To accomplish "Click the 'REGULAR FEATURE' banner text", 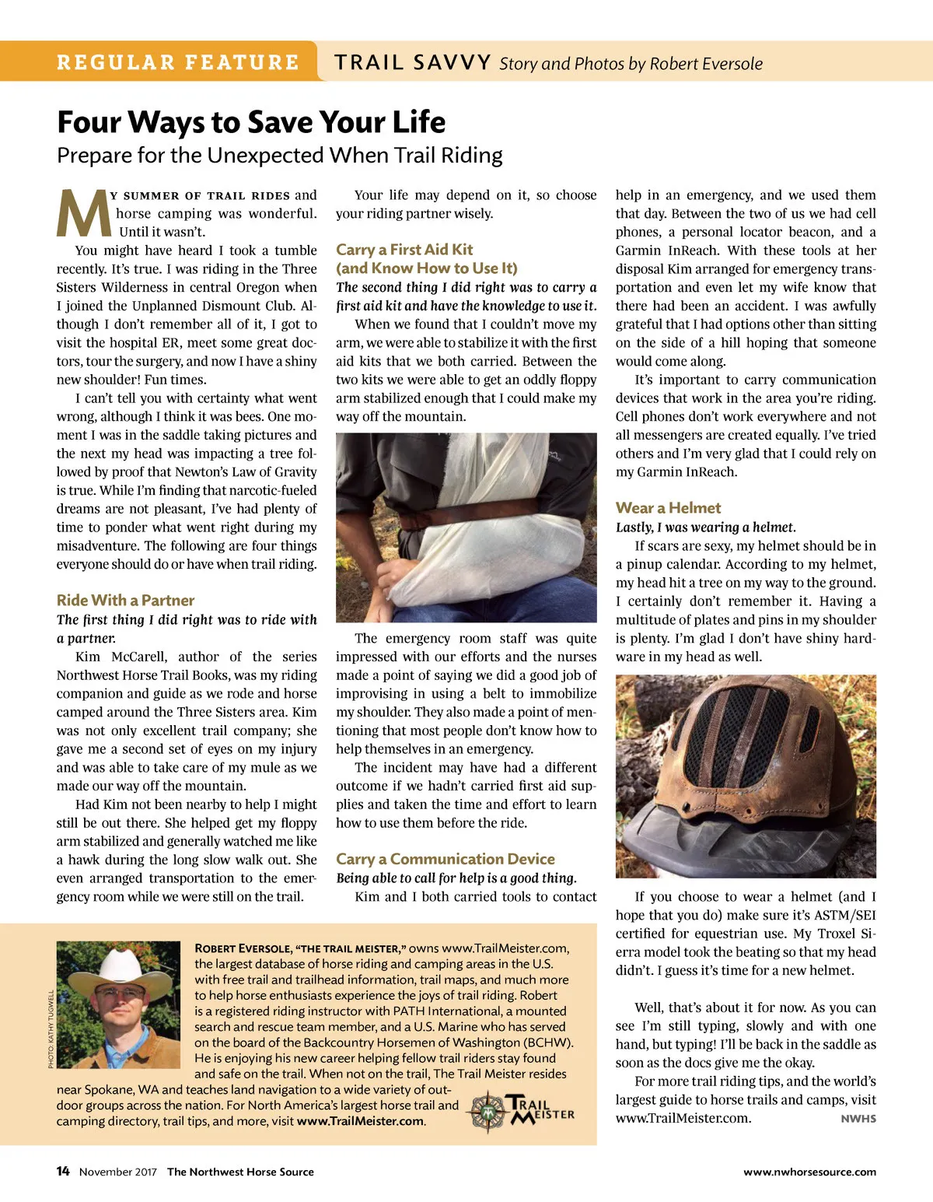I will (177, 62).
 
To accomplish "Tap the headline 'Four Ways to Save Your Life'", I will (251, 122).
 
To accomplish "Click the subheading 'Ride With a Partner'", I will (125, 600).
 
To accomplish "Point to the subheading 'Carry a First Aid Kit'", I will (404, 249).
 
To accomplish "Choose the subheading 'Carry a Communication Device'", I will (446, 859).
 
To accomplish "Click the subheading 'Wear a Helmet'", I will (668, 508).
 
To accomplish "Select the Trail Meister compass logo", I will (487, 1112).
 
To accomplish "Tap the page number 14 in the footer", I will (63, 1172).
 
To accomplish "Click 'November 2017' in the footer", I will (118, 1172).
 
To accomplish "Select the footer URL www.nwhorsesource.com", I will (809, 1172).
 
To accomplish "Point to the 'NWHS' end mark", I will (858, 1119).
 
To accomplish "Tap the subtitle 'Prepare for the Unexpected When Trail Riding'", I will (280, 156).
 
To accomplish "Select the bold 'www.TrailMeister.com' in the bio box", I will (360, 1121).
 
